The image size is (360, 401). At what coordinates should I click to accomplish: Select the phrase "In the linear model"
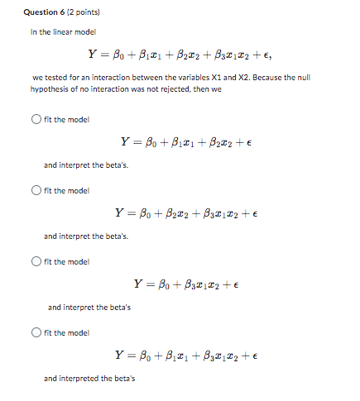[63, 31]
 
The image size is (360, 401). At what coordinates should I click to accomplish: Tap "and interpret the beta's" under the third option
[89, 307]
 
